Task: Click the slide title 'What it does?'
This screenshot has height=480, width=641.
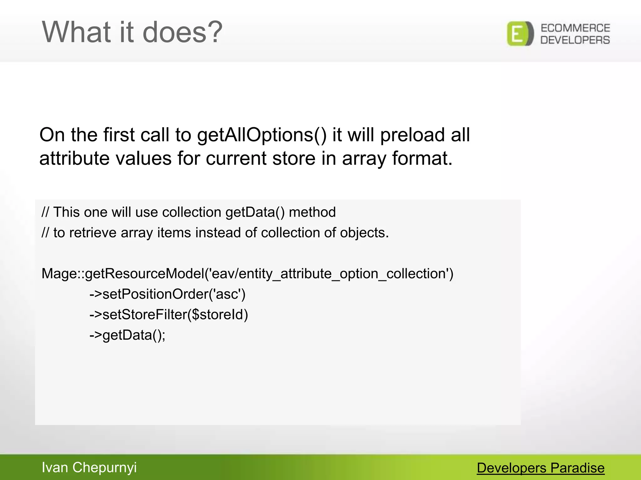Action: pos(132,32)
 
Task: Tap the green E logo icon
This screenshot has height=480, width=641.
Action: pos(520,34)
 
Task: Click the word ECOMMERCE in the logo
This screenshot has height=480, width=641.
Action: pos(575,28)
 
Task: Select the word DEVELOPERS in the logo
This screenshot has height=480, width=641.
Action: pos(575,40)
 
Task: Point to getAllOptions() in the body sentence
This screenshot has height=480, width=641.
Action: pos(262,135)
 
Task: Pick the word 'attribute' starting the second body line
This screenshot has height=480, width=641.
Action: pos(74,158)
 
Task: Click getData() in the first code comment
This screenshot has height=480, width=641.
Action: pos(255,212)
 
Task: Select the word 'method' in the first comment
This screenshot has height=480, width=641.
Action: pos(312,212)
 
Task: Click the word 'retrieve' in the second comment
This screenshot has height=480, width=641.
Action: pos(93,233)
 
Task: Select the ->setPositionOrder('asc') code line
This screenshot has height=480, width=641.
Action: pos(167,294)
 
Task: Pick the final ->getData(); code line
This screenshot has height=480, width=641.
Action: pos(127,335)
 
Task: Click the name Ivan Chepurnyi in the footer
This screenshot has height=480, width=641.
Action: pos(89,467)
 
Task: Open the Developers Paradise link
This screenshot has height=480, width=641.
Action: pos(541,468)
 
